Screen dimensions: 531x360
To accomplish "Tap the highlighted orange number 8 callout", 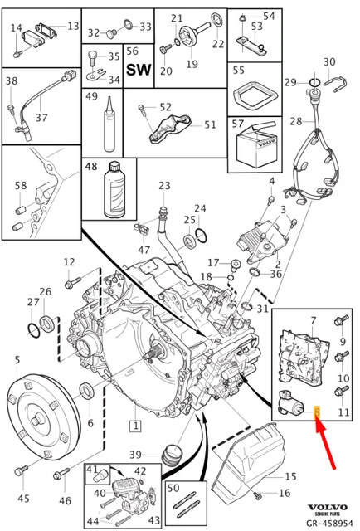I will point(317,409).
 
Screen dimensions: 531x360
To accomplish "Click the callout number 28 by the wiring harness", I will point(295,122).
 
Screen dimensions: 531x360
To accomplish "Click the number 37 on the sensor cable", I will point(42,118).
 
